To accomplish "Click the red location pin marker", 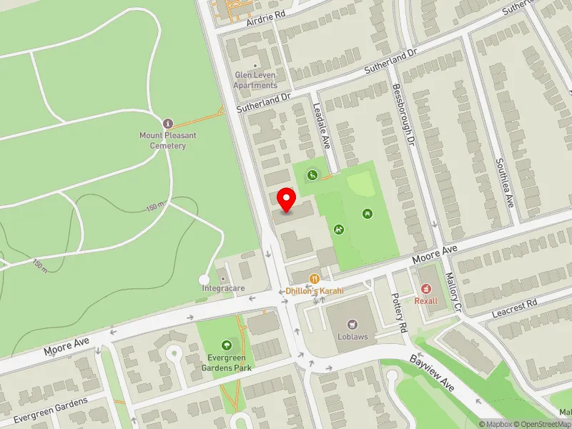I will coord(287,199).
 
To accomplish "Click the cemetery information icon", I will coord(168,123).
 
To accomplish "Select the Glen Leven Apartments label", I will coord(255,80).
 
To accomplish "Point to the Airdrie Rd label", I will coord(265,14).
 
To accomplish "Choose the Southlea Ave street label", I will coord(505,182).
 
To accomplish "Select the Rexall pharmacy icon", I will coord(427,288).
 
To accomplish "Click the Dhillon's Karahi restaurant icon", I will coord(314,278).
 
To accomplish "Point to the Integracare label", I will coord(223,288).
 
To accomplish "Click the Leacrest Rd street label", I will coord(515,310).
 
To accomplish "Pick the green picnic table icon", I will coord(367,212).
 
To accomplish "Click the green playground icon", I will coord(339,230).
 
